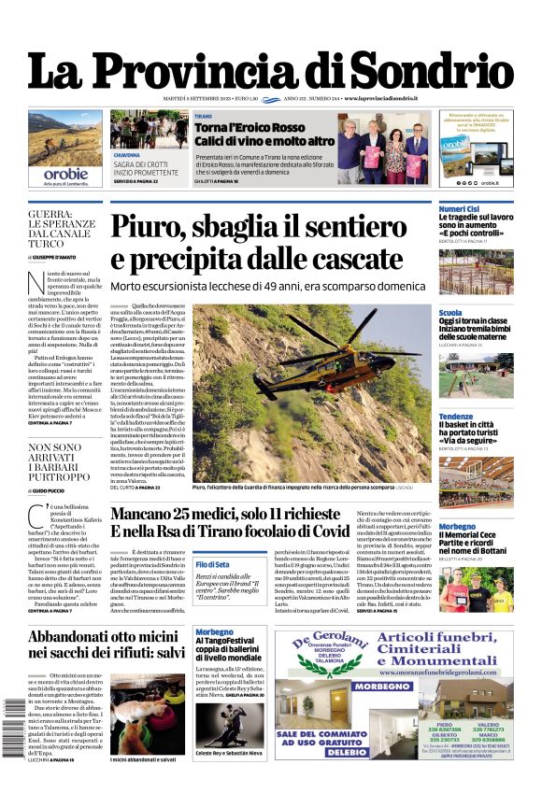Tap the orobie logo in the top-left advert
coord(65,173)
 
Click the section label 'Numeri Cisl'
coord(460,208)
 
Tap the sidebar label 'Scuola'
coord(450,313)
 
